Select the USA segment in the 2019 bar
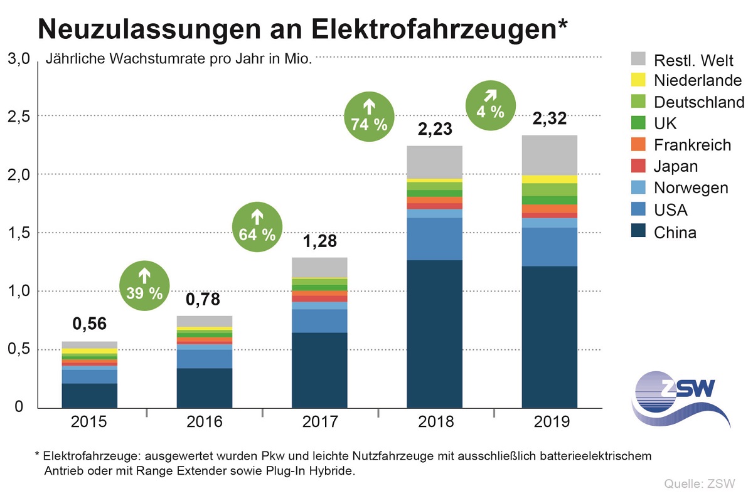(x=549, y=246)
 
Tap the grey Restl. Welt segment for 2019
(x=549, y=155)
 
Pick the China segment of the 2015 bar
(x=90, y=395)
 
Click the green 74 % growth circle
(x=370, y=115)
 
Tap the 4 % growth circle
(x=489, y=103)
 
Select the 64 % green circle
(x=257, y=226)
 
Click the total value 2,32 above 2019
(x=549, y=119)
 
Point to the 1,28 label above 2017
(x=319, y=240)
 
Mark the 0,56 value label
(x=90, y=324)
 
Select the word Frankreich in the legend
(x=692, y=145)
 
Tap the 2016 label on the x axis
(x=205, y=421)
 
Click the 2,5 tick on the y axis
(x=18, y=117)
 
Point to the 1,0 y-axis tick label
(x=18, y=292)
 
